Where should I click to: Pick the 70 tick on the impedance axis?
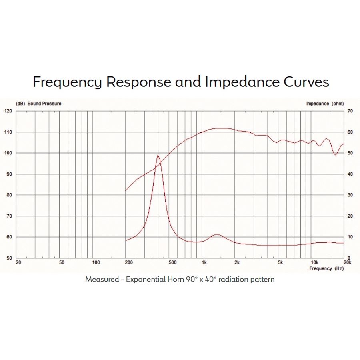pos(350,111)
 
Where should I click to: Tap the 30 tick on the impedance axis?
pos(350,195)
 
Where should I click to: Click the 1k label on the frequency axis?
pos(204,263)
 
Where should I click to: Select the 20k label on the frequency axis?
pos(348,263)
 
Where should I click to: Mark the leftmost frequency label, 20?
pos(18,263)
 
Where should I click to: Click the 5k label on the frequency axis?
pos(280,263)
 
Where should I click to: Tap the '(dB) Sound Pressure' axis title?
pos(38,104)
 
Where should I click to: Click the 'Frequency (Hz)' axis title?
pos(326,268)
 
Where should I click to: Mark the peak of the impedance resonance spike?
pos(158,155)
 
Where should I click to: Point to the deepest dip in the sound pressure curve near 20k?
pos(336,155)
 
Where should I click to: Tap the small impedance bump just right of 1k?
pos(217,234)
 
